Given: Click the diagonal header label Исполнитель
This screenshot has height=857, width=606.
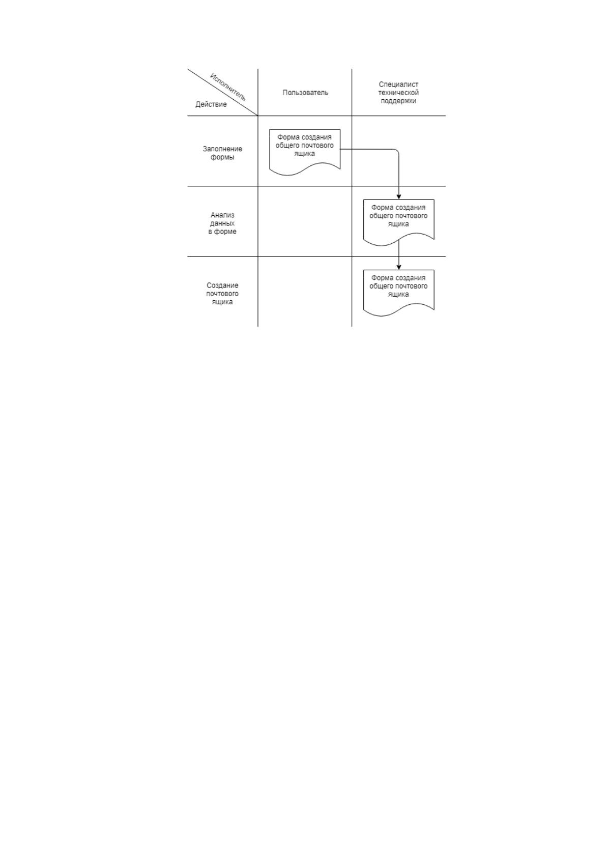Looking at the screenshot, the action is click(227, 87).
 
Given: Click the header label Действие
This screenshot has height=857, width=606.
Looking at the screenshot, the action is click(211, 104).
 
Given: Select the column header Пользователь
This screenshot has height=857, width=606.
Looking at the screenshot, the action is click(305, 93).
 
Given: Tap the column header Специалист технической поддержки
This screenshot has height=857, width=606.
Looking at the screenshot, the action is click(398, 93).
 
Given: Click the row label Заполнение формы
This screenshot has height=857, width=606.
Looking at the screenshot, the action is click(222, 153).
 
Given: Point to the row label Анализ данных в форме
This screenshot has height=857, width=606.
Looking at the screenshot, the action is click(222, 223).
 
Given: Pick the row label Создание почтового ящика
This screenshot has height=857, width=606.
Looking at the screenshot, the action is click(222, 294).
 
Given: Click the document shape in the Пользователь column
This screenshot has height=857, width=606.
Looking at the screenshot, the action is click(305, 152).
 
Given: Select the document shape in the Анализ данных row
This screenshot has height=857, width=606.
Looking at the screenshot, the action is click(398, 222).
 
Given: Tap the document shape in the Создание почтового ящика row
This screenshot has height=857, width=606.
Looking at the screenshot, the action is click(398, 293).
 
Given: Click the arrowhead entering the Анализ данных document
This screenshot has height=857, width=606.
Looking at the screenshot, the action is click(398, 196).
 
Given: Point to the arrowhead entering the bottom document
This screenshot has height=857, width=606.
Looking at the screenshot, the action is click(398, 267).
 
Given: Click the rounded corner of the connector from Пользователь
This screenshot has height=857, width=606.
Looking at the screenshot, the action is click(397, 151).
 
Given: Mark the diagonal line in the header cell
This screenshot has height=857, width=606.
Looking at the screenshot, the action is click(223, 92).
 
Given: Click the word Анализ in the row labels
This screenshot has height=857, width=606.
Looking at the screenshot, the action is click(222, 215).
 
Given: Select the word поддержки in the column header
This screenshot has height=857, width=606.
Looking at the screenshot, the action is click(398, 101).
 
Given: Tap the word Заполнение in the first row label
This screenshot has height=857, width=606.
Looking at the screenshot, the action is click(222, 149).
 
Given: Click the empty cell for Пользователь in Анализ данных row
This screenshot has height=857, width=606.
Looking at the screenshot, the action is click(305, 221).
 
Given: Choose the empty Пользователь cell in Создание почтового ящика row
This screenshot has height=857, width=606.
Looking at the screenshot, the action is click(305, 292).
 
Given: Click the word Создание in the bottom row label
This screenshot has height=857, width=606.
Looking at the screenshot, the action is click(222, 285).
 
